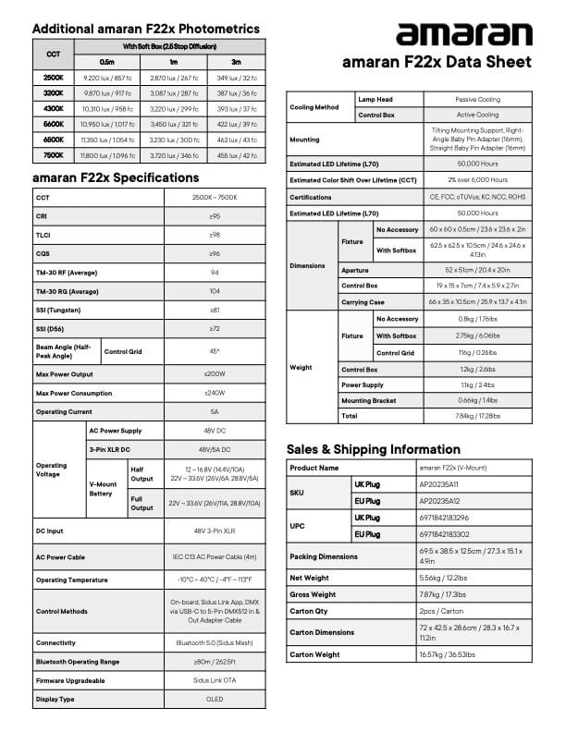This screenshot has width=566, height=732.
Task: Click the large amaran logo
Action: pyautogui.click(x=464, y=35)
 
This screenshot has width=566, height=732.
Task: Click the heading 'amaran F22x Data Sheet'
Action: pyautogui.click(x=437, y=64)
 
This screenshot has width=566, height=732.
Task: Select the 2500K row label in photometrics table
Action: pyautogui.click(x=54, y=78)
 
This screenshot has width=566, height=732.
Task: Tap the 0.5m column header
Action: pyautogui.click(x=106, y=61)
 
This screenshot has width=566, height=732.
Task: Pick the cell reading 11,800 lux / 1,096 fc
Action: pyautogui.click(x=107, y=155)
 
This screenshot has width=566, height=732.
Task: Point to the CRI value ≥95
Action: pyautogui.click(x=215, y=215)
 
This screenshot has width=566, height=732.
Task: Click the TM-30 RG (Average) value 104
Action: pyautogui.click(x=215, y=290)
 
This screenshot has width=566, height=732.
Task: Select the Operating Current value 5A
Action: pyautogui.click(x=215, y=411)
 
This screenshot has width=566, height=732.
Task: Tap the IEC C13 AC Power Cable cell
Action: pyautogui.click(x=215, y=557)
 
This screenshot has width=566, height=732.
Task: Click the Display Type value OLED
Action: pyautogui.click(x=215, y=699)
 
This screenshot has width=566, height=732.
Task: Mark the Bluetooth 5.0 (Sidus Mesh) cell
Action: pyautogui.click(x=215, y=642)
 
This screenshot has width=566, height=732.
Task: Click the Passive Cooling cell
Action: pyautogui.click(x=477, y=99)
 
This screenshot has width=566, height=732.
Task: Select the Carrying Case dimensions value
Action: pyautogui.click(x=477, y=301)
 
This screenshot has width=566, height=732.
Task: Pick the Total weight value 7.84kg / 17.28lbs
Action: pyautogui.click(x=477, y=416)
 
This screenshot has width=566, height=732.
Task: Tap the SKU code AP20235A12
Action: pyautogui.click(x=477, y=500)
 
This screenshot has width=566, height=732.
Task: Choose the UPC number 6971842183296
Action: pyautogui.click(x=477, y=518)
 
